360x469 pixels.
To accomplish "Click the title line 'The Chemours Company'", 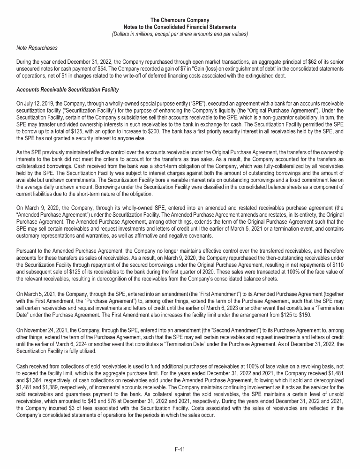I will (180, 20).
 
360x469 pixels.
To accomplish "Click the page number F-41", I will (180, 449).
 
